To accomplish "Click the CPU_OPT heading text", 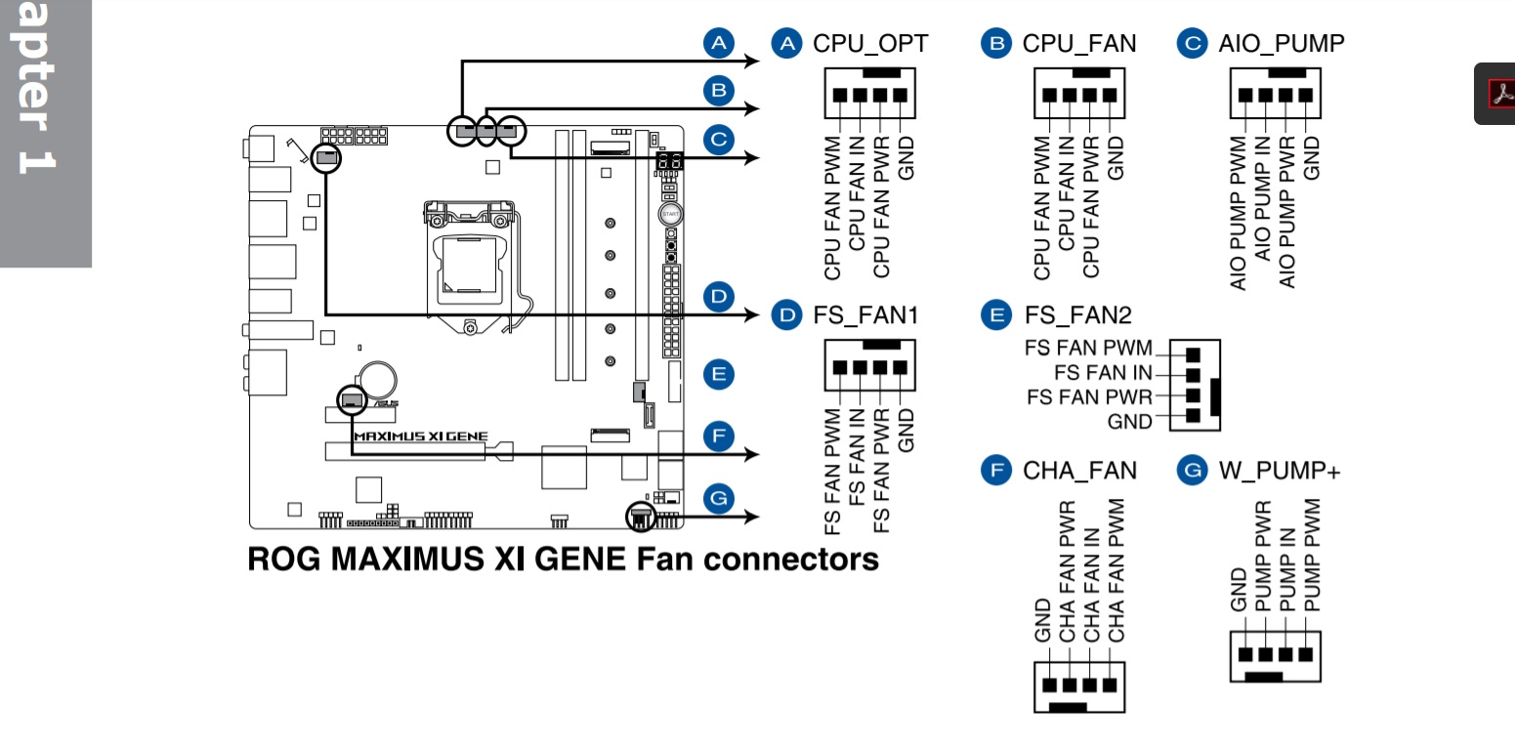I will click(x=870, y=43).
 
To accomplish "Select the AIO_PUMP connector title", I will click(x=1281, y=43).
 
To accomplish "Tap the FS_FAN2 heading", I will click(x=1077, y=314).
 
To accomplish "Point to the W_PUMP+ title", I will click(x=1280, y=471).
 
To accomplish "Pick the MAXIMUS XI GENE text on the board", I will click(x=420, y=436).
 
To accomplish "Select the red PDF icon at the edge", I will click(x=1499, y=93).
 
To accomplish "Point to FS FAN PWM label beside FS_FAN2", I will click(x=1088, y=349).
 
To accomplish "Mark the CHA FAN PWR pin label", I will click(x=1068, y=571).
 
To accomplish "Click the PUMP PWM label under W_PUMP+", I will click(x=1312, y=555).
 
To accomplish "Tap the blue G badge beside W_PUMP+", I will click(x=1193, y=471).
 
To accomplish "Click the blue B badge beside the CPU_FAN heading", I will click(x=997, y=43).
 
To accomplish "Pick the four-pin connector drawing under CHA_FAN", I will click(x=1079, y=687).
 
